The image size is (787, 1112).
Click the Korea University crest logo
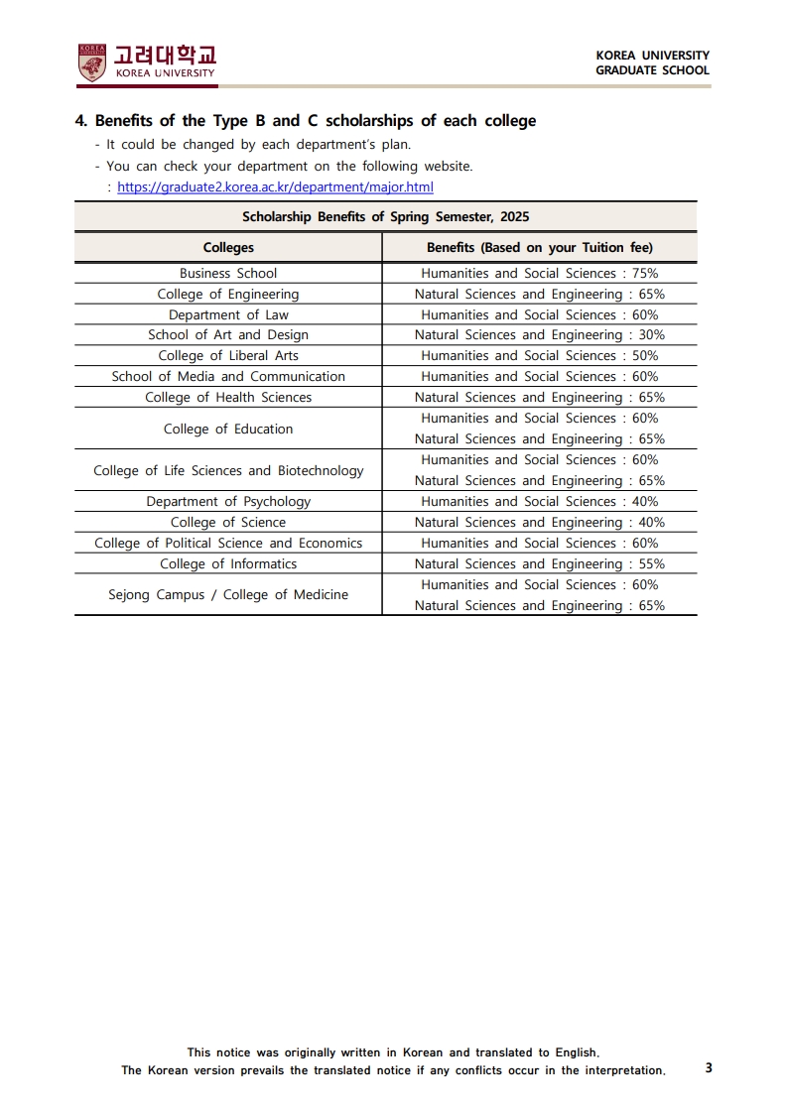point(91,62)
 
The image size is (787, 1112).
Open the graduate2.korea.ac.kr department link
point(275,186)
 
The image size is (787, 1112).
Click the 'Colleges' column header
point(228,247)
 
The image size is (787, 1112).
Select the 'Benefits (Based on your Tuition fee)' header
point(539,247)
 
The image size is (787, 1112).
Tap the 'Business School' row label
point(228,273)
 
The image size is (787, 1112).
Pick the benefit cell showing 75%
point(539,273)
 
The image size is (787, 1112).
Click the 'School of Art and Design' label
point(228,335)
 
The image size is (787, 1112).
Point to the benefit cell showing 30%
point(539,335)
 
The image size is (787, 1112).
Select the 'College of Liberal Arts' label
point(228,356)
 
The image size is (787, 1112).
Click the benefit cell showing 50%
point(539,356)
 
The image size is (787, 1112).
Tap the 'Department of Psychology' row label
point(228,502)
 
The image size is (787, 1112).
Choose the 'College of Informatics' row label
point(228,564)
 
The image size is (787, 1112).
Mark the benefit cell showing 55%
point(539,564)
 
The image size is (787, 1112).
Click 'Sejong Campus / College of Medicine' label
point(228,595)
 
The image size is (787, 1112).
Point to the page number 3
point(708,1068)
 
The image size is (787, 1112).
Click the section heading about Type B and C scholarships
point(306,121)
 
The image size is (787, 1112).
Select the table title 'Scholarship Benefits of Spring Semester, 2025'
point(385,216)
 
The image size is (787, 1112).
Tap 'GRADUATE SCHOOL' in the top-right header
point(652,70)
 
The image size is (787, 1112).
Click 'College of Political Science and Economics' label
point(228,544)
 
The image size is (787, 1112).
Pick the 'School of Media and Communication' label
point(228,377)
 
